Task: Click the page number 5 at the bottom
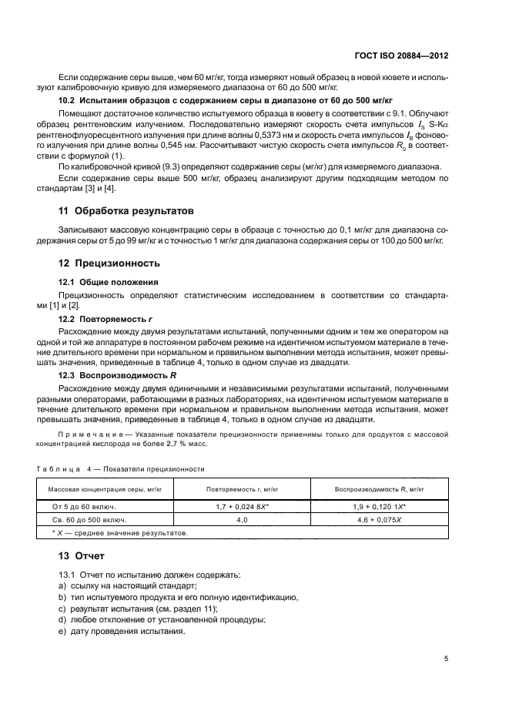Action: [447, 658]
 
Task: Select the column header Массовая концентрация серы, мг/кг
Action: [105, 490]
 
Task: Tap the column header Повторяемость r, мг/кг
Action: [242, 490]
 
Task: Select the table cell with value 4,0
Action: [242, 520]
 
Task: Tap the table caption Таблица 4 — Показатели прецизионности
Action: [121, 468]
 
